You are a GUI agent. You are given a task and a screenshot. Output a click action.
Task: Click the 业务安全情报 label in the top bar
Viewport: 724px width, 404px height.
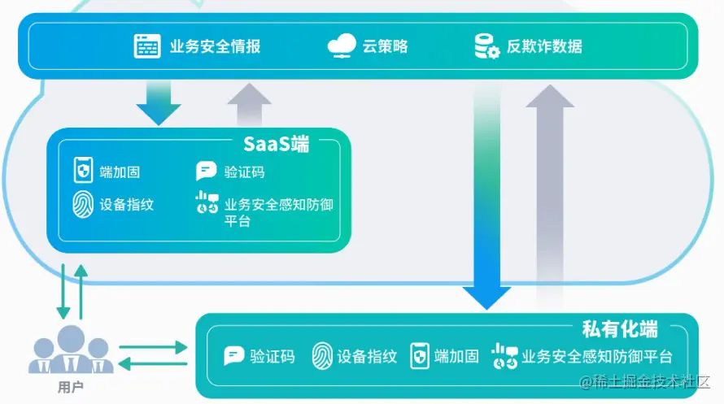(x=215, y=46)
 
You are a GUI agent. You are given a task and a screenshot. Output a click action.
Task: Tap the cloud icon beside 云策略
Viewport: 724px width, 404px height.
(x=342, y=46)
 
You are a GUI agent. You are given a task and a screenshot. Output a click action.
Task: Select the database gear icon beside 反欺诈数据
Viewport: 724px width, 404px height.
(x=486, y=46)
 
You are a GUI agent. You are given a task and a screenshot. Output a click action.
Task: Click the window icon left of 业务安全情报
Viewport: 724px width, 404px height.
(x=147, y=46)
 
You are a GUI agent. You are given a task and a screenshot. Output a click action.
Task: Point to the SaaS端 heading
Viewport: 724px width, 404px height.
(x=277, y=145)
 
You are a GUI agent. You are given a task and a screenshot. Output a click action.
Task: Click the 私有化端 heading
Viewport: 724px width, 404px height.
(x=620, y=329)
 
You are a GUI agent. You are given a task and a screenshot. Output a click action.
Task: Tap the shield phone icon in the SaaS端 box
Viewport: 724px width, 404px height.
(x=82, y=171)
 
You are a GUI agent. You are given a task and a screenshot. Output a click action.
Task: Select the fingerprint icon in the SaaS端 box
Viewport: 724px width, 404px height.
(x=82, y=203)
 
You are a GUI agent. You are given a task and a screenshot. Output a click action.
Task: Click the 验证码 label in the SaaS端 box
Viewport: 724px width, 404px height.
(x=244, y=172)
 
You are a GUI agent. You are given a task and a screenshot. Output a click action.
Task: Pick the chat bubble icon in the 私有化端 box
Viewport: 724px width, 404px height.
(x=234, y=356)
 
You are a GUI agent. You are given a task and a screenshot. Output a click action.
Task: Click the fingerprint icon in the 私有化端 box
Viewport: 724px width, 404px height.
(x=323, y=356)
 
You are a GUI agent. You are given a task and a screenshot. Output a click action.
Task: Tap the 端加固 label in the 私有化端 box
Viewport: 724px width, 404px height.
(x=456, y=356)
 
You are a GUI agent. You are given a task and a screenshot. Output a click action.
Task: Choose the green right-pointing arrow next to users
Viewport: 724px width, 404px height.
(x=155, y=347)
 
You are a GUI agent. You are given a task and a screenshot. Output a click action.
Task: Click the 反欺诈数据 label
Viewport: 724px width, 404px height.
(x=544, y=46)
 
